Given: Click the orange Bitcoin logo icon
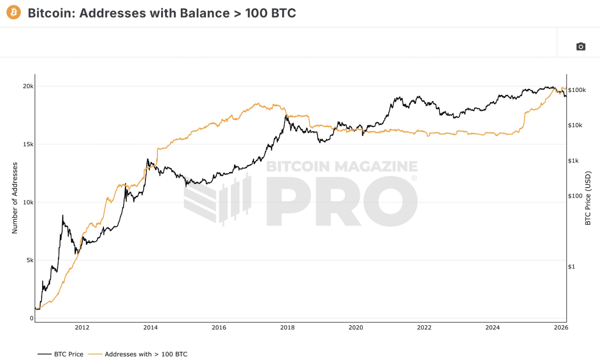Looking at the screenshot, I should point(14,12).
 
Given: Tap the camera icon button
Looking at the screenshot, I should point(581,46).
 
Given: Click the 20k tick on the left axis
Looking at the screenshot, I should point(28,86).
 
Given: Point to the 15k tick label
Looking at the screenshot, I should point(28,144).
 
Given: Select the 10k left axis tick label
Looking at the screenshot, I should point(28,202).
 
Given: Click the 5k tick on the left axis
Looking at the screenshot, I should point(30,260).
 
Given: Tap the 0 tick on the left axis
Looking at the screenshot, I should point(32,318).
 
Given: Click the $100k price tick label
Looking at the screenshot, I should point(577,90).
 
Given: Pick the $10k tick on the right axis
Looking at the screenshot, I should point(575,125).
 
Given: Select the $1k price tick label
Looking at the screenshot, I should point(574,161).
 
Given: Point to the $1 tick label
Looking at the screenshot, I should point(571,267).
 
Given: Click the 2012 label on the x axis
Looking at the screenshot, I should point(82,328).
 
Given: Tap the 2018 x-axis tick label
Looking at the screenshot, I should point(287,328).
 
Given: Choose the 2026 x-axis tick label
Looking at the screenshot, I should point(561,328).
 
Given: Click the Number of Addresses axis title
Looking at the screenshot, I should point(15,198).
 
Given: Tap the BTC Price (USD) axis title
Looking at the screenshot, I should point(588,198).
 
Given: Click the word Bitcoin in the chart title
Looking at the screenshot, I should point(49,13).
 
